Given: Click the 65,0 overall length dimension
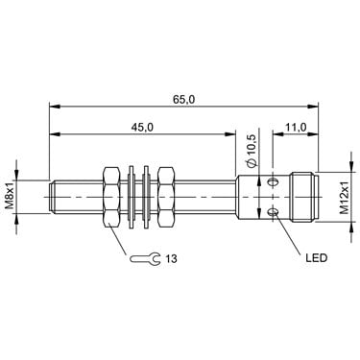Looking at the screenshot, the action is pos(184,100).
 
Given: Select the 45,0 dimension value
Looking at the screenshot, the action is pos(142,128).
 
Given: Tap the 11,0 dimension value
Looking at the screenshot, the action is pos(296,128).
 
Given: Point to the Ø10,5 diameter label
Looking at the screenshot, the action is pos(252,151).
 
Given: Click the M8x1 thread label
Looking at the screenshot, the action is pos(10,196).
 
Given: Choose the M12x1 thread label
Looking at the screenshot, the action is pos(345,198).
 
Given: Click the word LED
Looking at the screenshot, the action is pos(317,258).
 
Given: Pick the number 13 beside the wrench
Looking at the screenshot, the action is pos(171,258).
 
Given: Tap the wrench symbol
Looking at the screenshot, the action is pos(144,258).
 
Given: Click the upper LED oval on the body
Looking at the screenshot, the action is pos(273,182).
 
